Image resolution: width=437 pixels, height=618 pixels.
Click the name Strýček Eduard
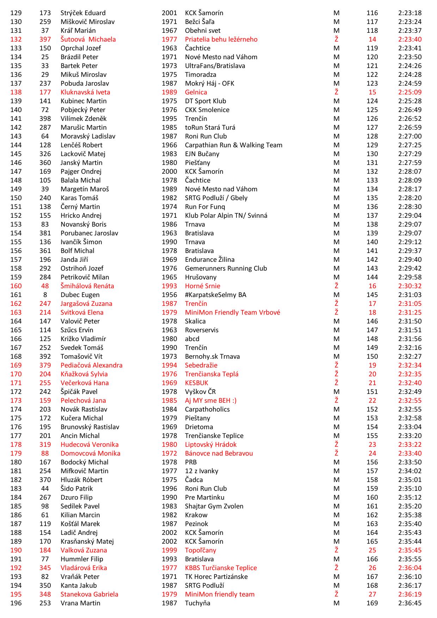(83, 13)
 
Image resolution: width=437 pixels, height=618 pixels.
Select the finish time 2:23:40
(410, 39)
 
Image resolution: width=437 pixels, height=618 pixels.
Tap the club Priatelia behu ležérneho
(221, 39)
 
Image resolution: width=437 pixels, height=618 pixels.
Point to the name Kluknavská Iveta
(85, 92)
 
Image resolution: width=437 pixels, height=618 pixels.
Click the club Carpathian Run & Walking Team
(233, 145)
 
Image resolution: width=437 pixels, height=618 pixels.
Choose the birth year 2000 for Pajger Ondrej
(169, 172)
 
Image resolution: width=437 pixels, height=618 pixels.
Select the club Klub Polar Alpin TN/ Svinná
(226, 216)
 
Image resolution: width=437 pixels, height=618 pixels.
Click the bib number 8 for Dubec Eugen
(45, 295)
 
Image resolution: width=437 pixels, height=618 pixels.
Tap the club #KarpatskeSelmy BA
(215, 295)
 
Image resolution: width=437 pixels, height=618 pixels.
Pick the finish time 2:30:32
(410, 286)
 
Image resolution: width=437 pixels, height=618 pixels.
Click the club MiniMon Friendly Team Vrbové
(232, 313)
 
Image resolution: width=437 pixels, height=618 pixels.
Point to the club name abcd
(192, 339)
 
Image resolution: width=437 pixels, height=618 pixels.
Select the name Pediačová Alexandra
(91, 365)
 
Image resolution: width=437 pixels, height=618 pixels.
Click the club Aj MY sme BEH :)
(211, 401)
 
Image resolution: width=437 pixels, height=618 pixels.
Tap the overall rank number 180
(16, 462)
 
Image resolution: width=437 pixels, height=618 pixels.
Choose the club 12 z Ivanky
(201, 471)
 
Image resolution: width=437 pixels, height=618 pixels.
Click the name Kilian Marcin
(80, 515)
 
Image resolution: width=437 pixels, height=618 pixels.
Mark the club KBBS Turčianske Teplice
(221, 568)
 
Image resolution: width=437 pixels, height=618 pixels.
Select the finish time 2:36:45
(410, 603)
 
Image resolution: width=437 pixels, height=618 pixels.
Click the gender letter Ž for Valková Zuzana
(336, 550)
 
